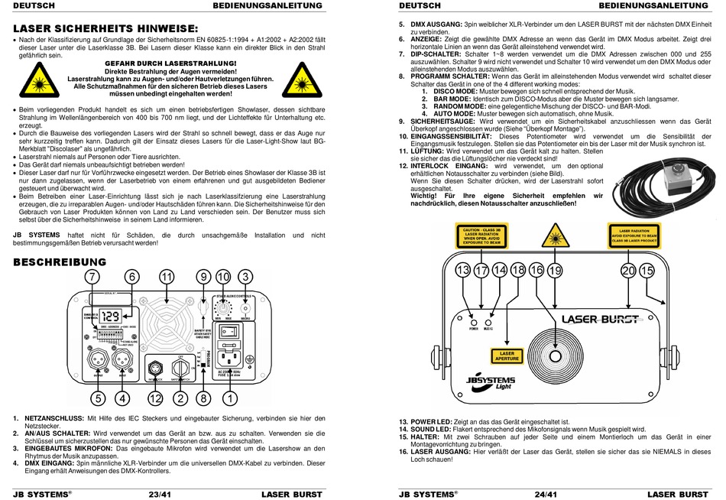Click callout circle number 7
(x=92, y=276)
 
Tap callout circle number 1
(x=227, y=398)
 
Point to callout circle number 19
(x=554, y=270)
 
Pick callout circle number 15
(x=647, y=270)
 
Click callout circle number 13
(x=463, y=270)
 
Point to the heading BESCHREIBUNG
(x=60, y=262)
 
